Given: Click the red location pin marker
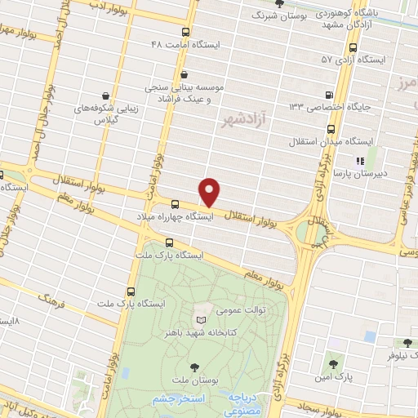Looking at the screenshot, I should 210,192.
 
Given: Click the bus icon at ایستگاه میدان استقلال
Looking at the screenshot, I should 331,128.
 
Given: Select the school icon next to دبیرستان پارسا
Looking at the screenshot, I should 357,161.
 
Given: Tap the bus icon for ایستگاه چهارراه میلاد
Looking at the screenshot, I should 176,205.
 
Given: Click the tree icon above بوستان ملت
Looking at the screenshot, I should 194,367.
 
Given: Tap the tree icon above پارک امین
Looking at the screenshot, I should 332,362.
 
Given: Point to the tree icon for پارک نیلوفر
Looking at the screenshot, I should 406,342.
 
